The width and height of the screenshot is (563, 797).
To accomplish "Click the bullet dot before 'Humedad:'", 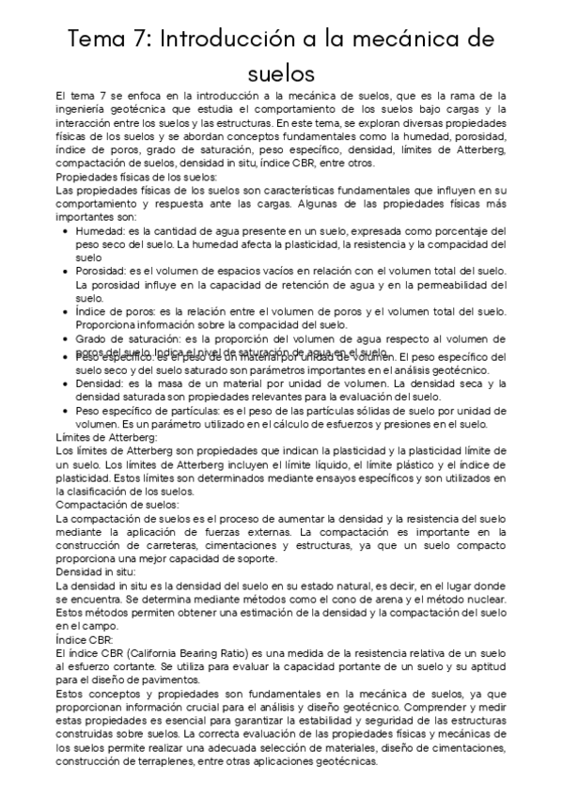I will tap(64, 230).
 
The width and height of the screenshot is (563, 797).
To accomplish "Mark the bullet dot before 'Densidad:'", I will tap(64, 383).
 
